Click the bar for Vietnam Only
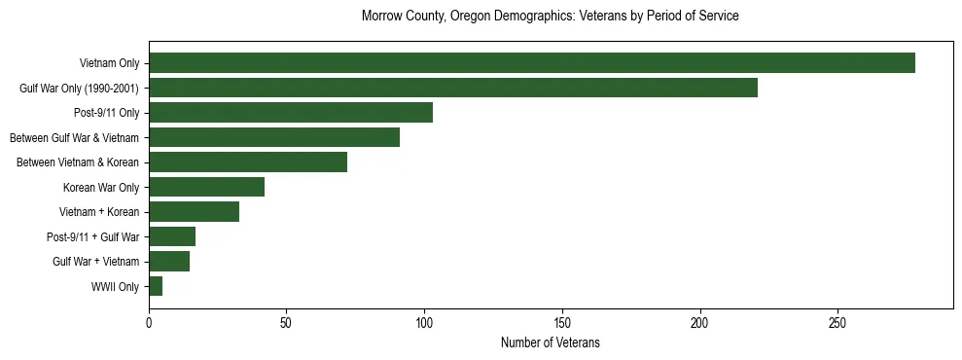pyautogui.click(x=531, y=63)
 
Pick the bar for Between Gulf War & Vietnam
pyautogui.click(x=273, y=137)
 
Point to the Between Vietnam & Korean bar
pyautogui.click(x=247, y=162)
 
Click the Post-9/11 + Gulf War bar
pyautogui.click(x=171, y=236)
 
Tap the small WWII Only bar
pyautogui.click(x=156, y=286)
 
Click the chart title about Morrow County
pyautogui.click(x=550, y=17)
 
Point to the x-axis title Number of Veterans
pyautogui.click(x=550, y=343)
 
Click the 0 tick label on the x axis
pyautogui.click(x=149, y=323)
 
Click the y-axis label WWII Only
pyautogui.click(x=115, y=286)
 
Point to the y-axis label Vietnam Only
pyautogui.click(x=109, y=63)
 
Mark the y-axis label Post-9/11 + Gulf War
pyautogui.click(x=92, y=236)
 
